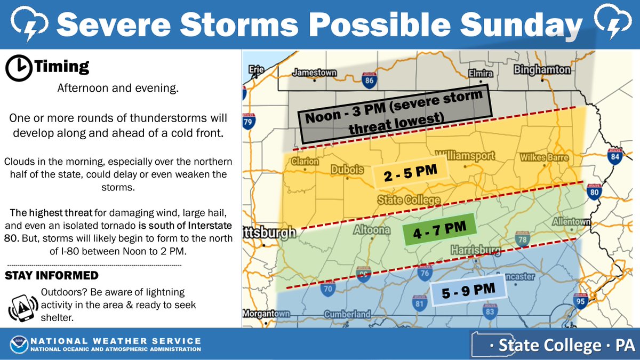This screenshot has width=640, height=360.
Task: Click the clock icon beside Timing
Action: pyautogui.click(x=18, y=67)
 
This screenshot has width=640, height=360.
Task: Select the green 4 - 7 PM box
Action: pyautogui.click(x=439, y=229)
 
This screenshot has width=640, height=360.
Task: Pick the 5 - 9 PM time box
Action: pyautogui.click(x=469, y=291)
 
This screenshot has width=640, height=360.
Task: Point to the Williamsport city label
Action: pyautogui.click(x=465, y=156)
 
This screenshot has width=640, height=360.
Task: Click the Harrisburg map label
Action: pyautogui.click(x=475, y=250)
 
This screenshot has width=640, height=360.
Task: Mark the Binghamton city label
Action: pyautogui.click(x=542, y=70)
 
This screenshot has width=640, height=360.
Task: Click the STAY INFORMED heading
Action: pyautogui.click(x=52, y=275)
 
